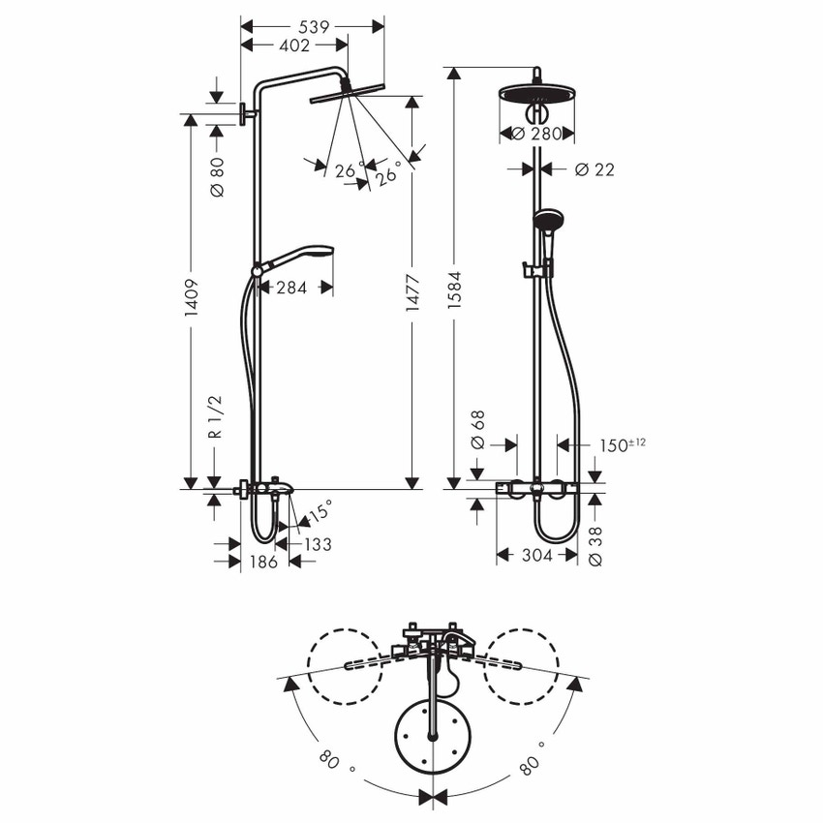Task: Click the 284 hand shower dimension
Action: coord(291,287)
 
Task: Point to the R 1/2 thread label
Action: coord(217,417)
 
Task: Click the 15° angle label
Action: coord(320,507)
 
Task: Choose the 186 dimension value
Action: coord(263,562)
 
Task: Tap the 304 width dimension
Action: coord(535,555)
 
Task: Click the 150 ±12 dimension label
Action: coord(621,444)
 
